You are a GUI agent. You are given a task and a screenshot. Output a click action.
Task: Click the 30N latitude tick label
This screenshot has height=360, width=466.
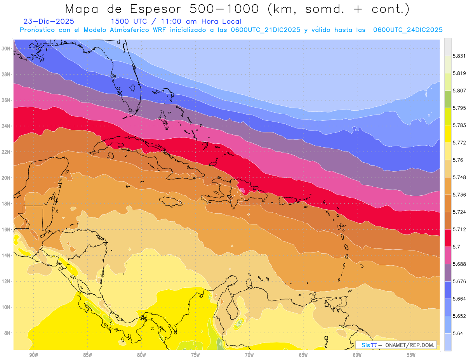point(6,49)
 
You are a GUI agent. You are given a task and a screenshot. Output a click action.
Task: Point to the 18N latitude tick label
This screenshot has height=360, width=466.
point(6,203)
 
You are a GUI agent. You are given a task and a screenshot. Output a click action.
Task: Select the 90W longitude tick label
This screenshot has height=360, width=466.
point(33,355)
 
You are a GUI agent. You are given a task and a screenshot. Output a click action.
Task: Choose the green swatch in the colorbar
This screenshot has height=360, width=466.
point(448,99)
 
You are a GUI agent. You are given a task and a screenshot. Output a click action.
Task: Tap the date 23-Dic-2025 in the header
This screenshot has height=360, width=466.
point(49,22)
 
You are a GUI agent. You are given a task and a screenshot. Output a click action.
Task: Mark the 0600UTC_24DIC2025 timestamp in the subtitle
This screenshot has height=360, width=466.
point(408,30)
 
